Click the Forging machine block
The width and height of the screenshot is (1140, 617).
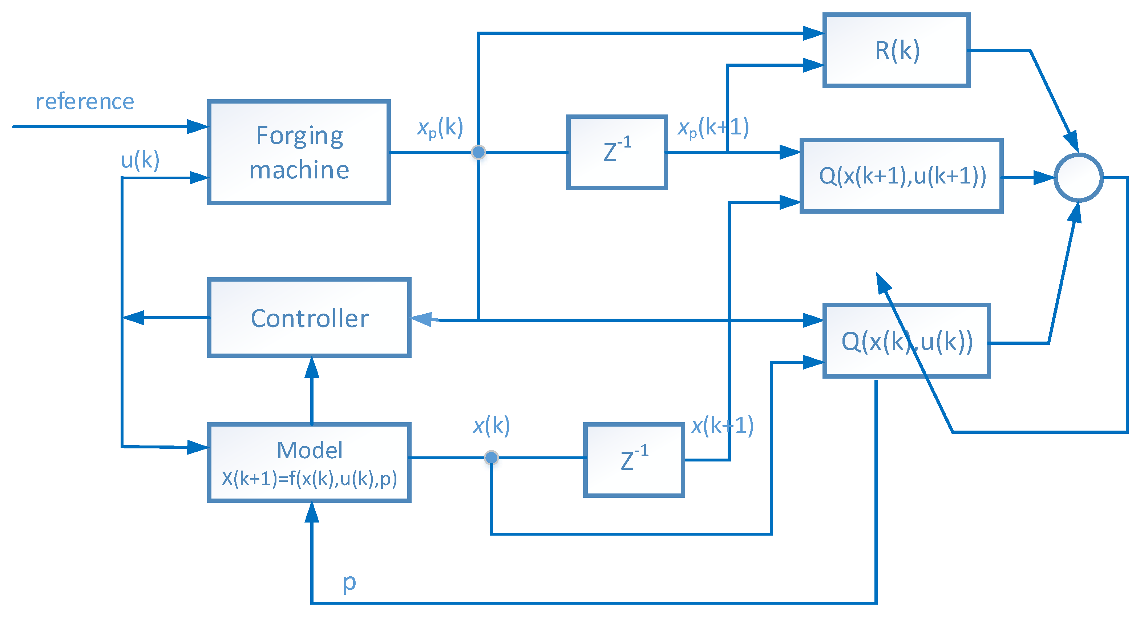299,152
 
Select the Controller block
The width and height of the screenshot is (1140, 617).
309,318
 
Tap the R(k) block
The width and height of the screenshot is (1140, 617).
896,51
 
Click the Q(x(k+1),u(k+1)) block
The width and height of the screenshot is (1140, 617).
901,176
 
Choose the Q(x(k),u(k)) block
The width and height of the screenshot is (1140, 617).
906,341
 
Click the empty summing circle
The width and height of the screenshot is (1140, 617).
1079,177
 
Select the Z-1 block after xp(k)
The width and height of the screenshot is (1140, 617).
617,152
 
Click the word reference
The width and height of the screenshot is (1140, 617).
85,102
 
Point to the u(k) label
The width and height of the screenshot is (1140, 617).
140,160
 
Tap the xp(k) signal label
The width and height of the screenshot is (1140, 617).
440,128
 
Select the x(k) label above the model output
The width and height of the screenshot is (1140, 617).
491,426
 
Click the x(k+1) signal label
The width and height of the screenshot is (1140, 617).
722,426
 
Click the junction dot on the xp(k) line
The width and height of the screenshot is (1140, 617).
478,152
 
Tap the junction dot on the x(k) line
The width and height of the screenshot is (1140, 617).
491,457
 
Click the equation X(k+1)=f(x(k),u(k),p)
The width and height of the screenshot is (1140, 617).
309,479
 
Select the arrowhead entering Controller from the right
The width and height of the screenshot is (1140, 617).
423,319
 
